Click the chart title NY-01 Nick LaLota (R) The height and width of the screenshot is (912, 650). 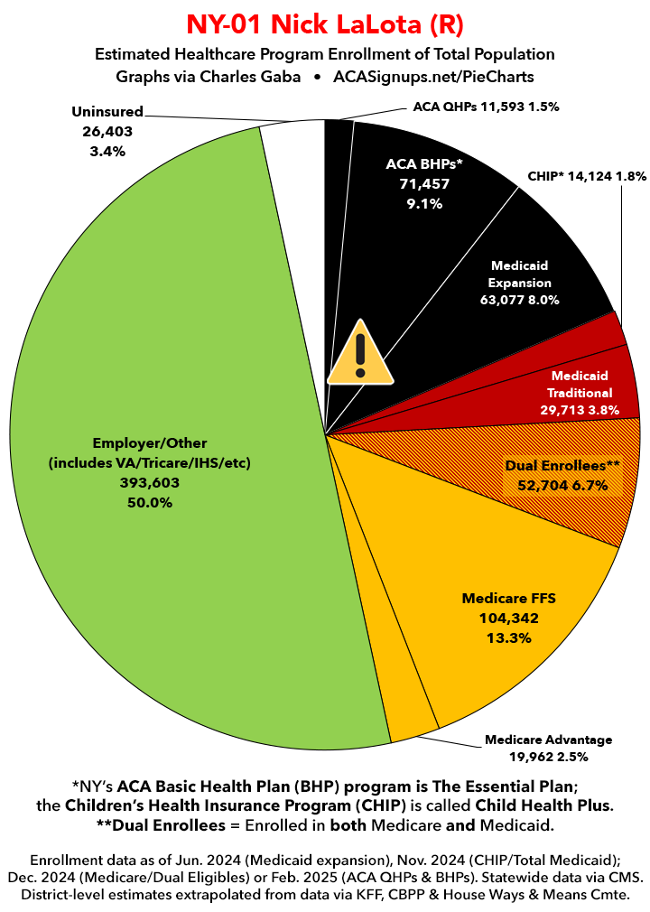[325, 23]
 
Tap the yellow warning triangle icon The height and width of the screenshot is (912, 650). [359, 353]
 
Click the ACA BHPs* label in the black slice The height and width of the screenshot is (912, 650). [423, 163]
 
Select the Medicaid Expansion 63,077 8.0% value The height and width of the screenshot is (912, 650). [520, 299]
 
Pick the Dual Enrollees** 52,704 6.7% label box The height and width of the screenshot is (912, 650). [563, 476]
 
